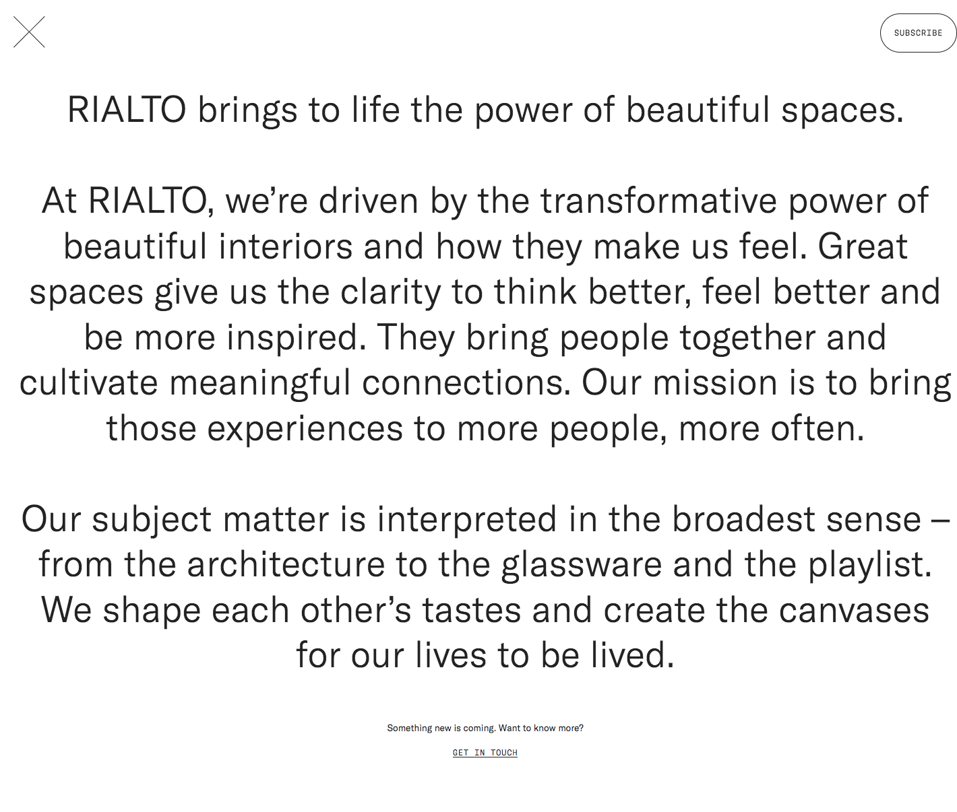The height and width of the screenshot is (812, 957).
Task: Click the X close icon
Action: click(29, 32)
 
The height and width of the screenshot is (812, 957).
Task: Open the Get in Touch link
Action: click(485, 753)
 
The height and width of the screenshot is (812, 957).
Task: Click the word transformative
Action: click(658, 201)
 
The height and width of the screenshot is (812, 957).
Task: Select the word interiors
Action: click(285, 246)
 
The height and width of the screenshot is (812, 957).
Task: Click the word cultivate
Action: click(89, 382)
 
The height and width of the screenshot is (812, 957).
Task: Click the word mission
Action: click(715, 382)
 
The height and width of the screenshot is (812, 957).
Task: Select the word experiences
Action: click(305, 428)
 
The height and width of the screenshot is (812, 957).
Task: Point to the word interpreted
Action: click(466, 519)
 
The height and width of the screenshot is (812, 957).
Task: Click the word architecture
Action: click(286, 564)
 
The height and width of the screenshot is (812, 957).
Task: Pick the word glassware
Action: click(581, 564)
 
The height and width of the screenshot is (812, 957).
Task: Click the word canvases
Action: click(854, 610)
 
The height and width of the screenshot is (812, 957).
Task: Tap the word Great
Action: click(863, 246)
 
